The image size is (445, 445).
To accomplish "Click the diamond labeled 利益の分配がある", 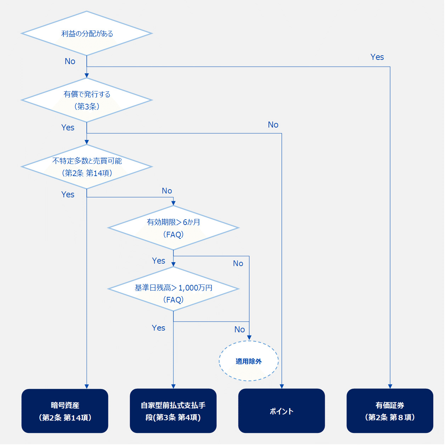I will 87,34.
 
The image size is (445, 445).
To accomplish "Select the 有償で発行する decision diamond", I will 87,100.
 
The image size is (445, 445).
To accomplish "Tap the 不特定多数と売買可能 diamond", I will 87,167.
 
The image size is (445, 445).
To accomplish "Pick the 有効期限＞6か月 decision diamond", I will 173,228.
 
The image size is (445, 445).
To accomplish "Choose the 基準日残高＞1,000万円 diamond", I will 173,289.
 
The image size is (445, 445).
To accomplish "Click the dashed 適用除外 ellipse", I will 249,361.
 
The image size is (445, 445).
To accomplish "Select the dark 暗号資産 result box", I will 65,411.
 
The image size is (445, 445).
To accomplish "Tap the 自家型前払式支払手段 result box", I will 173,411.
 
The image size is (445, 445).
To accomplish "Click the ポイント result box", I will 282,411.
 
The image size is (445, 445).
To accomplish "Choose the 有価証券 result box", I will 390,411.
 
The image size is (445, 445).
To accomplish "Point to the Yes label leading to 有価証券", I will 377,57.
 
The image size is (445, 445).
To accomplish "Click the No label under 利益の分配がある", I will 70,61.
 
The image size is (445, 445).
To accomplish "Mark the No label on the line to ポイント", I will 273,125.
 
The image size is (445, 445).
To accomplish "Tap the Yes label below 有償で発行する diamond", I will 68,128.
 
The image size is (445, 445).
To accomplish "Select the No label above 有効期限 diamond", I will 167,191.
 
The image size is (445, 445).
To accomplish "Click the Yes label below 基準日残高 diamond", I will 158,328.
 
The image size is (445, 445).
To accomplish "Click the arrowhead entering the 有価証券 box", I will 390,386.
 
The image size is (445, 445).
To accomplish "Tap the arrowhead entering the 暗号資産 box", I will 87,386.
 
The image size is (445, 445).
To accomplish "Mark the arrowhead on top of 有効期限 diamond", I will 173,203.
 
